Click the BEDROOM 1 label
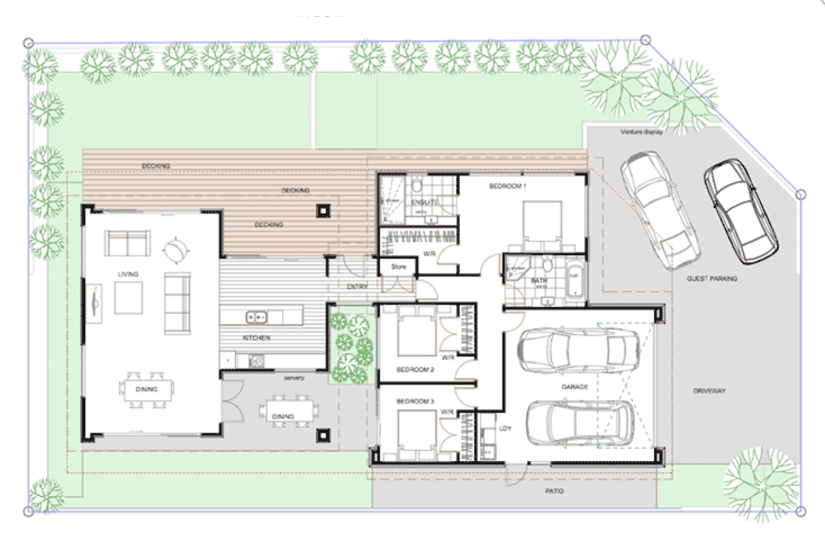pyautogui.click(x=507, y=186)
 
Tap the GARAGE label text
pyautogui.click(x=574, y=387)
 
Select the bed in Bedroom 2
pyautogui.click(x=416, y=336)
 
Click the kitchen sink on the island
pyautogui.click(x=256, y=318)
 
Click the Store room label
pyautogui.click(x=398, y=267)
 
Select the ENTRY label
pyautogui.click(x=357, y=286)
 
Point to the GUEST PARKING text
pyautogui.click(x=711, y=278)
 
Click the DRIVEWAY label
pyautogui.click(x=709, y=390)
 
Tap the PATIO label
pyautogui.click(x=554, y=491)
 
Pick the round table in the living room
pyautogui.click(x=175, y=250)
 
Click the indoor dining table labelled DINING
pyautogui.click(x=146, y=389)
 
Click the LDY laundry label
pyautogui.click(x=505, y=429)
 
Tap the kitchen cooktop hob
pyautogui.click(x=256, y=360)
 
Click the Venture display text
pyautogui.click(x=641, y=132)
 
